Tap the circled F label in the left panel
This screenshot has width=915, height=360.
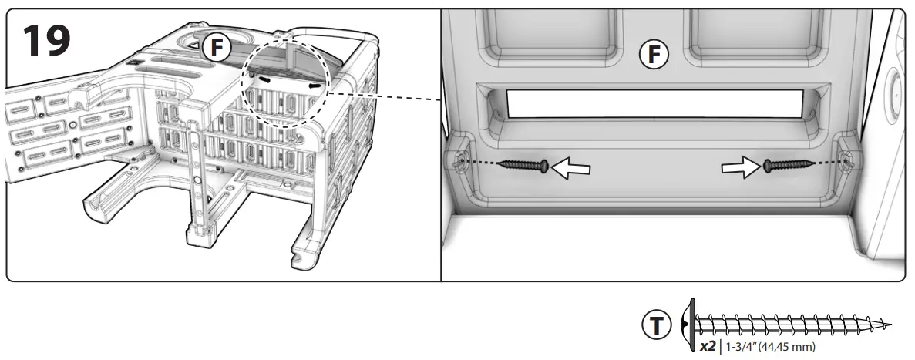(217, 48)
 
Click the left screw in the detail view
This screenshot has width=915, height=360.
(523, 165)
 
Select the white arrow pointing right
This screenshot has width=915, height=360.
(739, 167)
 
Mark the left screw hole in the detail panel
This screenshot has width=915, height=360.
(460, 161)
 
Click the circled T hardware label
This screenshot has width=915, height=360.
(656, 325)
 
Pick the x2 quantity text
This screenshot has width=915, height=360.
(707, 346)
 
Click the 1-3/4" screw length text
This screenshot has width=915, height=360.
(739, 346)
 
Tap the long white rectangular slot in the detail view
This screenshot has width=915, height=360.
(654, 102)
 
